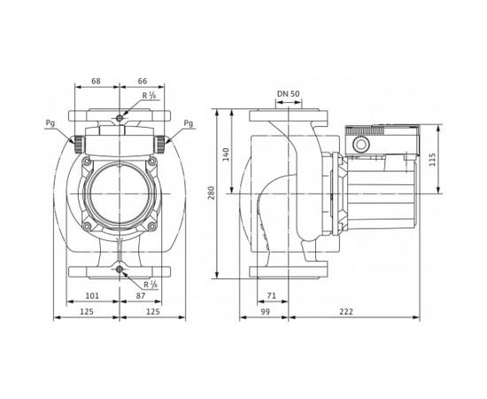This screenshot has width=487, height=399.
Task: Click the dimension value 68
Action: click(97, 82)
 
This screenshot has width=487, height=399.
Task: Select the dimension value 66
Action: click(143, 82)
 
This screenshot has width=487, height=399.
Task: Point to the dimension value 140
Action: click(227, 153)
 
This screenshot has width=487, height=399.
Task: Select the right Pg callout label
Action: click(188, 124)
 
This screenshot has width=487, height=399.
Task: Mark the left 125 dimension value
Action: click(87, 312)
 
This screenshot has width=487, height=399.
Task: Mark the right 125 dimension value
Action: click(152, 312)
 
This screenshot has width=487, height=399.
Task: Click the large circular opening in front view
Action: click(120, 192)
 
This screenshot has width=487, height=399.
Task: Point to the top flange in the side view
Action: click(284, 117)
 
